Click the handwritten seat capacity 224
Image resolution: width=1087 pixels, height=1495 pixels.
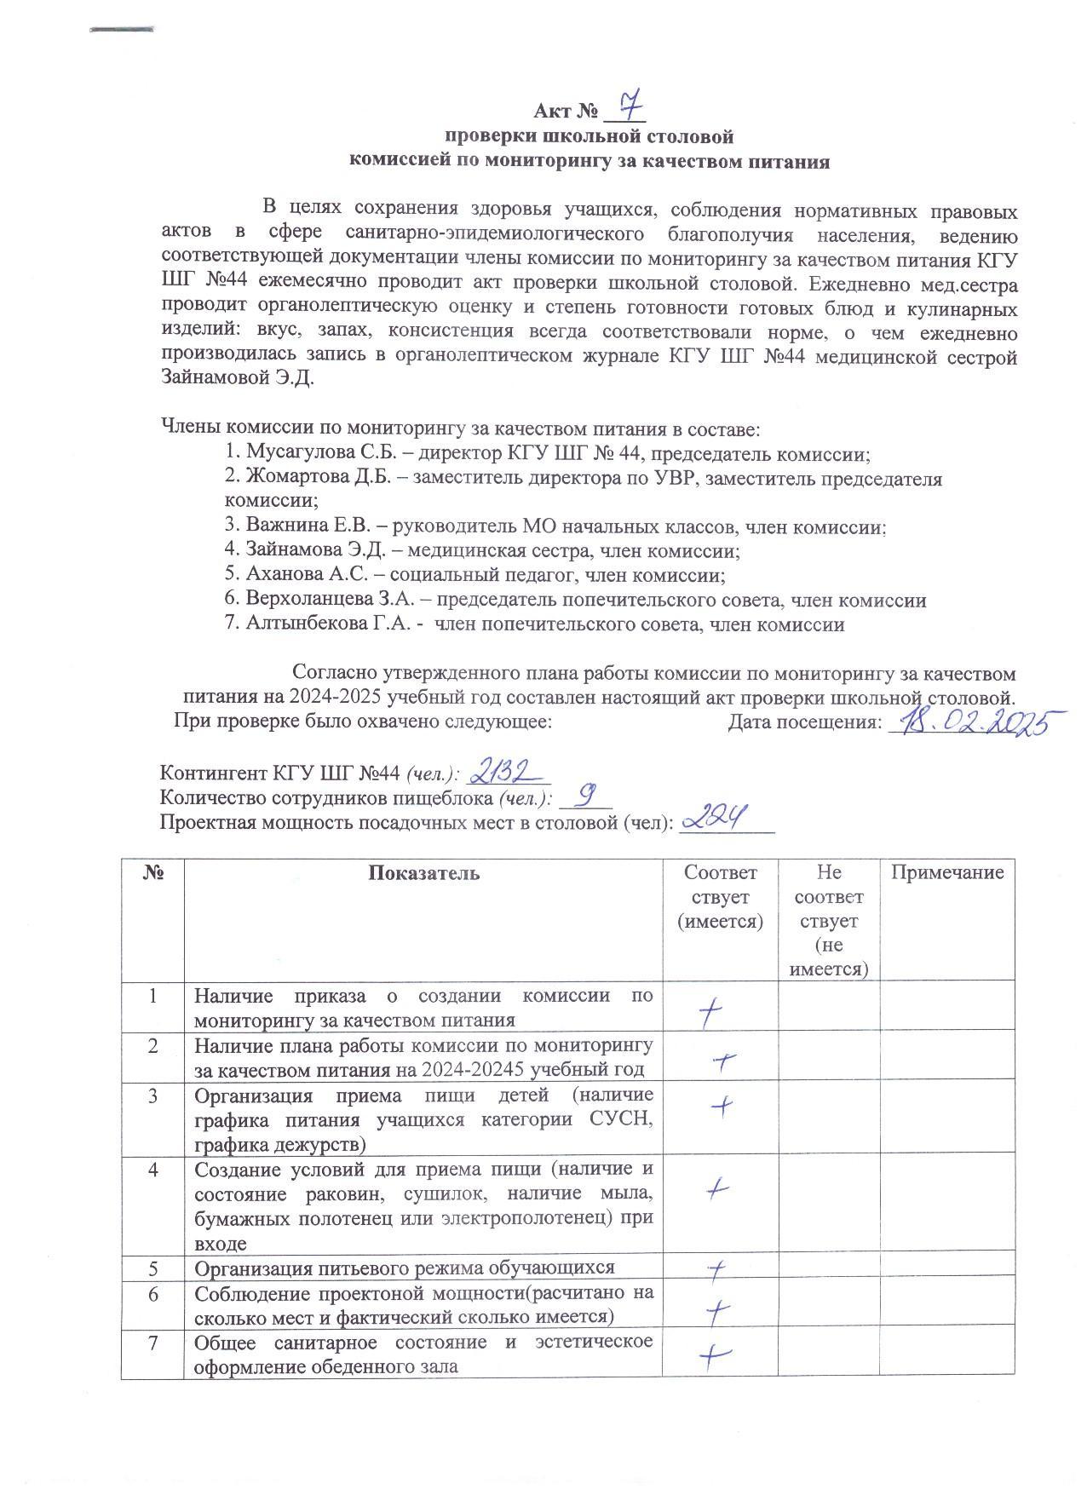(x=716, y=819)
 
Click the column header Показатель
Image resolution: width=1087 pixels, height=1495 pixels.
(x=423, y=873)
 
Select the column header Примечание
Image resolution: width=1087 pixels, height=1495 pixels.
(x=947, y=872)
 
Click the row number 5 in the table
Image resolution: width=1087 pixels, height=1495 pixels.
(x=153, y=1268)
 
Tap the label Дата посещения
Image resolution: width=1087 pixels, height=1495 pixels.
(x=804, y=722)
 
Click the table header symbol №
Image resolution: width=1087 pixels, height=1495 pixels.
(x=153, y=873)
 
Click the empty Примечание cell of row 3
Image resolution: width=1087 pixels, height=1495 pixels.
(x=947, y=1116)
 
